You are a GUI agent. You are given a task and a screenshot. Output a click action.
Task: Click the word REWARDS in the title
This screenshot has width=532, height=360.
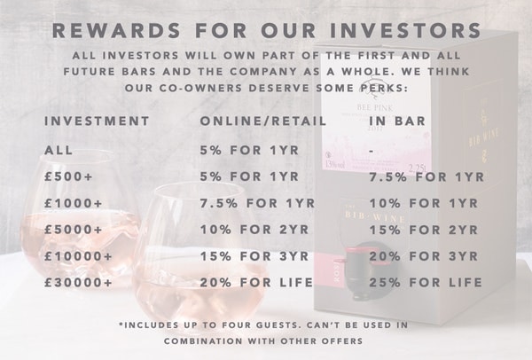pyautogui.click(x=116, y=30)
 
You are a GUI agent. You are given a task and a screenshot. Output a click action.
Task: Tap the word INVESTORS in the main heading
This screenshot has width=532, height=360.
pyautogui.click(x=405, y=30)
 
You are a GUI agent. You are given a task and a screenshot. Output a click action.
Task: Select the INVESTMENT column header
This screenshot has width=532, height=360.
pyautogui.click(x=97, y=121)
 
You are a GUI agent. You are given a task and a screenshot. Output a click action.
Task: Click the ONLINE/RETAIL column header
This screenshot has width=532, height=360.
pyautogui.click(x=263, y=121)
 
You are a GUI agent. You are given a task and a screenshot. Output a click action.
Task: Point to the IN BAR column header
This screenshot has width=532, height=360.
pyautogui.click(x=397, y=121)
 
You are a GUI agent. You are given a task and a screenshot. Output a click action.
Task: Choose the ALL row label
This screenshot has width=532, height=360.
pyautogui.click(x=59, y=151)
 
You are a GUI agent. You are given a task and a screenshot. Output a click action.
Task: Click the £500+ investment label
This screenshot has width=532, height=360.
pyautogui.click(x=68, y=176)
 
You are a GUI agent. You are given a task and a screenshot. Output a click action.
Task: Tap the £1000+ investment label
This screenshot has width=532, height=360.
pyautogui.click(x=73, y=203)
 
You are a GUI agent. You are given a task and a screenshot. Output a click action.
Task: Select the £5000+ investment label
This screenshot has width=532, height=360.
pyautogui.click(x=73, y=230)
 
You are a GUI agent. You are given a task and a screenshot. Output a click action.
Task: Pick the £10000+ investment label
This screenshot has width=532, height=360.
pyautogui.click(x=78, y=256)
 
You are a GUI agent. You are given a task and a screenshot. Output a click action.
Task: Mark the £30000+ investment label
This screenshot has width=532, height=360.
pyautogui.click(x=78, y=283)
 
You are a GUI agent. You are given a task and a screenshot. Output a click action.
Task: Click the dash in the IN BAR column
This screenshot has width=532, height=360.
pyautogui.click(x=372, y=151)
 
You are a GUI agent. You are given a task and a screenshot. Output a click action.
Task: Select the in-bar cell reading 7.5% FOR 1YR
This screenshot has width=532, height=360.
pyautogui.click(x=426, y=176)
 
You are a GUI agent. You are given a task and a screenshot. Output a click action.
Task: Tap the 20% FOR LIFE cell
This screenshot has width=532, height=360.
pyautogui.click(x=256, y=283)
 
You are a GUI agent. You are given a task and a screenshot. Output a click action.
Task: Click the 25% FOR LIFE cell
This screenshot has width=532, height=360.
pyautogui.click(x=426, y=283)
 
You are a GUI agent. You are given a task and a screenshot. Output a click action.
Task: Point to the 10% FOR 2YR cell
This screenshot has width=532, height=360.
pyautogui.click(x=254, y=230)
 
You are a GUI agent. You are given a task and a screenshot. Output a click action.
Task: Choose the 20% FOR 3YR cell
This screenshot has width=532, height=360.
pyautogui.click(x=424, y=256)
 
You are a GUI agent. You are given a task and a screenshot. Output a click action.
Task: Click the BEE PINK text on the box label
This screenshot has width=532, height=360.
pyautogui.click(x=375, y=108)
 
